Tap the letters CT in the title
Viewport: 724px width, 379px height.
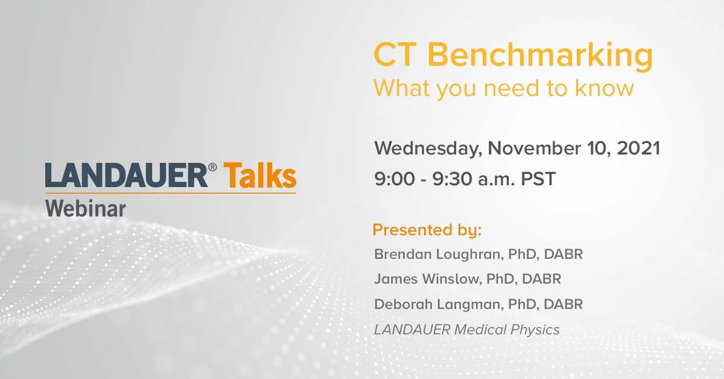395,54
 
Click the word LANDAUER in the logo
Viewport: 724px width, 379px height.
126,175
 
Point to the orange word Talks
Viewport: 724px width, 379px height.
260,175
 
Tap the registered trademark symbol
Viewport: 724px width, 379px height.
212,167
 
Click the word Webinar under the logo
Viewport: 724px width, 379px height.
85,209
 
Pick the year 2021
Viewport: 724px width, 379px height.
638,148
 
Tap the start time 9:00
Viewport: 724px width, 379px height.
395,179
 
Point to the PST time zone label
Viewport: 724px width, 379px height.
538,179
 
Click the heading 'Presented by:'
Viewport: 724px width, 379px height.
427,231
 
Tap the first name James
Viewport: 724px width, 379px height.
396,279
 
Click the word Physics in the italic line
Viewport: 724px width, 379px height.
535,330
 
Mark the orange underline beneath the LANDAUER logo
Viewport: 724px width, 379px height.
170,193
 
